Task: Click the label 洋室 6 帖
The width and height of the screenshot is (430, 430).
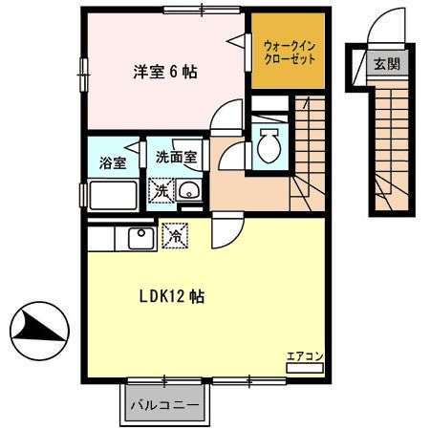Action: coord(164,72)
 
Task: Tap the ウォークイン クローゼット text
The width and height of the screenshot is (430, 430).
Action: coord(290,51)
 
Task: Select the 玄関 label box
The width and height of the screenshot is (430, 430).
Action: coord(386,65)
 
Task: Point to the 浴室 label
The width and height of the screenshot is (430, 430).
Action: coord(112,161)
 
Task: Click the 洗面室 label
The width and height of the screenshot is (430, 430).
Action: coord(176,157)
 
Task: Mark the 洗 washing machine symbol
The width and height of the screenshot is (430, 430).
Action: coord(161,190)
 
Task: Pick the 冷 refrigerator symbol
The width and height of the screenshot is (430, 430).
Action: coord(175,231)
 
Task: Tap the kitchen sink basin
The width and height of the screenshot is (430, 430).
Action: coord(140,234)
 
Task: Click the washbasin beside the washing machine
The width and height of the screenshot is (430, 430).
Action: coord(188,189)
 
